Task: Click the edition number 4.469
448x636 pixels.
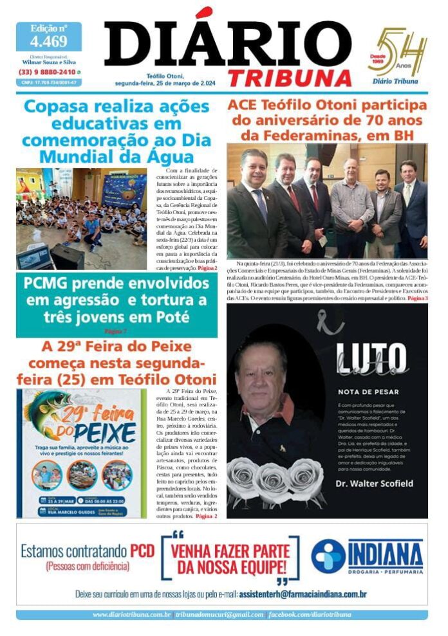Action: pyautogui.click(x=48, y=42)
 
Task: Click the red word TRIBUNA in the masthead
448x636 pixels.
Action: pyautogui.click(x=290, y=77)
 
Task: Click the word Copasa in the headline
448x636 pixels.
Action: pyautogui.click(x=60, y=106)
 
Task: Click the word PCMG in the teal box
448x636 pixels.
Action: pyautogui.click(x=50, y=283)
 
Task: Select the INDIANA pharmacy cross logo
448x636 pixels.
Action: pyautogui.click(x=328, y=556)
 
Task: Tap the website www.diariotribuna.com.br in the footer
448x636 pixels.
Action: pyautogui.click(x=131, y=615)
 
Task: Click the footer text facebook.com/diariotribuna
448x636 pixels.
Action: pyautogui.click(x=310, y=615)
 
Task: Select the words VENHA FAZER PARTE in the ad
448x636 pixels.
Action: pyautogui.click(x=230, y=552)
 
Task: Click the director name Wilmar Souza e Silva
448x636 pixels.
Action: pyautogui.click(x=48, y=62)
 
